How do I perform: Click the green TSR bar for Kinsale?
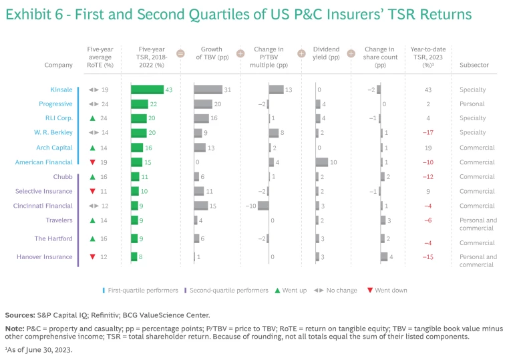point(147,89)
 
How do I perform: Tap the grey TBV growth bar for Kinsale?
point(208,89)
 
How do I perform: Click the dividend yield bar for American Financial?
point(321,162)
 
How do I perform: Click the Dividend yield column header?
point(326,53)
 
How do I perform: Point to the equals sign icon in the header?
point(180,53)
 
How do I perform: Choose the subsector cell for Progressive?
point(472,104)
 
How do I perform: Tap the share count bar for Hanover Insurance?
point(384,256)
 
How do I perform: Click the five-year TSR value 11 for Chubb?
point(144,176)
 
